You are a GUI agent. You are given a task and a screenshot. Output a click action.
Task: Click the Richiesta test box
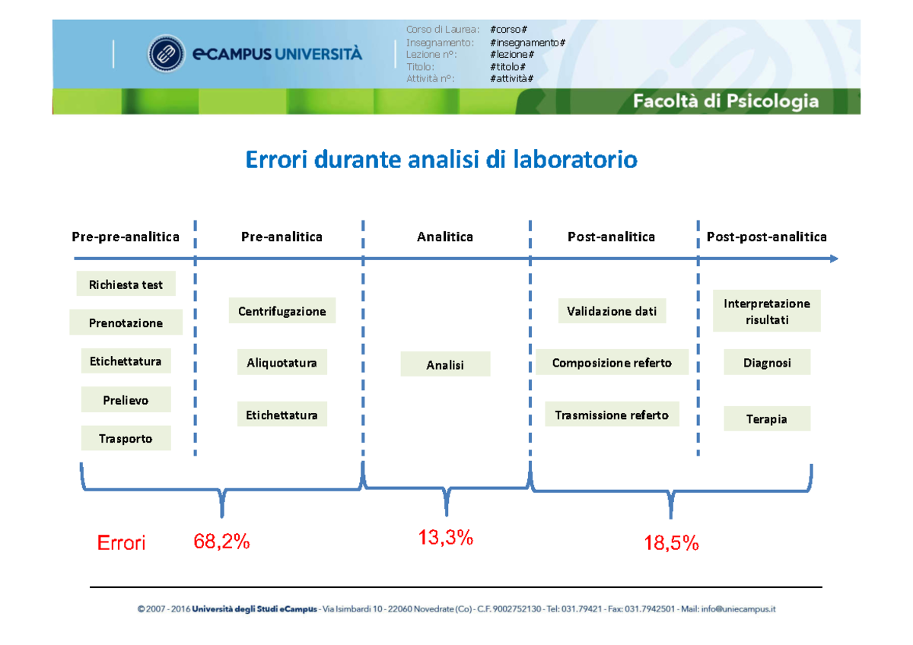point(126,284)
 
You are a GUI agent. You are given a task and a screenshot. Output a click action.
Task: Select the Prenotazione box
point(126,322)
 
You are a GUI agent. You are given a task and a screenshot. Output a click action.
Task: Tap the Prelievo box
point(126,399)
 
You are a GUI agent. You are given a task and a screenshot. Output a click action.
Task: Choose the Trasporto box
point(126,438)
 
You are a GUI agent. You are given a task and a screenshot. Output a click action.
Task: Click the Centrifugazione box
point(282,311)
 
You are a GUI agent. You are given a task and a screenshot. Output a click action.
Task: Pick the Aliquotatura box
point(282,363)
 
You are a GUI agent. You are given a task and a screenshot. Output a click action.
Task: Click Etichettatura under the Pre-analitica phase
point(282,415)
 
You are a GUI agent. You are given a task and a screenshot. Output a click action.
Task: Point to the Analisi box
point(445,364)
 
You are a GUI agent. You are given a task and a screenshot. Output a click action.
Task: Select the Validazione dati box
point(612,311)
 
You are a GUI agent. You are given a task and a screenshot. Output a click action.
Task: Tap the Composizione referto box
point(612,363)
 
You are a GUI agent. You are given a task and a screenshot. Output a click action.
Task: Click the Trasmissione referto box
point(612,415)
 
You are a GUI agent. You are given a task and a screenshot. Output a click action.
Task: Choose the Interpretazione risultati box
point(766,311)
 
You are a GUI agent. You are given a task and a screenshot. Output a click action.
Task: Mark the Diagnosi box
point(766,363)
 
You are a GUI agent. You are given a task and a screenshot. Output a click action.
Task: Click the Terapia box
point(766,418)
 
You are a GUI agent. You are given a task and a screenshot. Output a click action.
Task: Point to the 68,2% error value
point(221,542)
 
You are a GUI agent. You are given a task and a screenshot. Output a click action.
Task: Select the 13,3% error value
point(446,538)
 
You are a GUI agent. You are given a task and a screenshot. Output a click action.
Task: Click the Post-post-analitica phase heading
point(766,237)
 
